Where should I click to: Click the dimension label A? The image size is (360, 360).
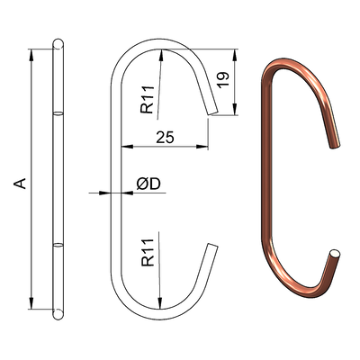tap(21, 184)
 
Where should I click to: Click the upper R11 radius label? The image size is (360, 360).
tap(148, 100)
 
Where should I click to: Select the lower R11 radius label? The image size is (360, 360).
tap(148, 253)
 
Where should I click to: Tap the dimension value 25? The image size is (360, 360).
tap(165, 137)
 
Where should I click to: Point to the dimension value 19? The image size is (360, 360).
tap(223, 80)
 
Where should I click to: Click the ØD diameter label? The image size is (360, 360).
tap(148, 184)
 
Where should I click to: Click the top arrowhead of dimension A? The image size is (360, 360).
tap(31, 54)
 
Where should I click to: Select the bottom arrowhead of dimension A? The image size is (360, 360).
tap(31, 303)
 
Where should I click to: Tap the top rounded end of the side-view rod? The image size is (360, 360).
tap(58, 43)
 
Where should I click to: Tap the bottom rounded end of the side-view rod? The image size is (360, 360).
tap(58, 314)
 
